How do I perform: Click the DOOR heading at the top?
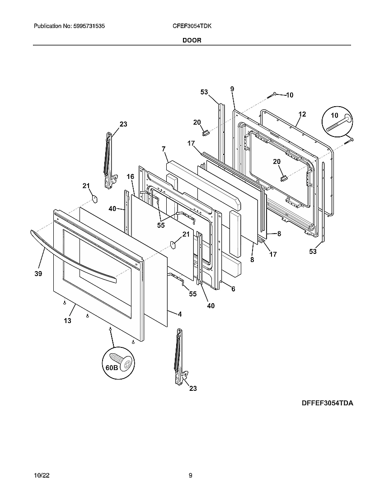[192, 40]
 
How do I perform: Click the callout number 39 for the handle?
[38, 274]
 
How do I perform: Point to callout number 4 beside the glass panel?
[179, 314]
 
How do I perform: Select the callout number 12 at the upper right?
[302, 114]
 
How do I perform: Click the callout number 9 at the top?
[232, 89]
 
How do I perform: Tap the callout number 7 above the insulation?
[164, 149]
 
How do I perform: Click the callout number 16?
[130, 177]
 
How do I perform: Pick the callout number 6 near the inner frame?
[233, 289]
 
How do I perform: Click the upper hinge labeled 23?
[108, 160]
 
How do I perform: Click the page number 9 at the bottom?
[191, 475]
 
